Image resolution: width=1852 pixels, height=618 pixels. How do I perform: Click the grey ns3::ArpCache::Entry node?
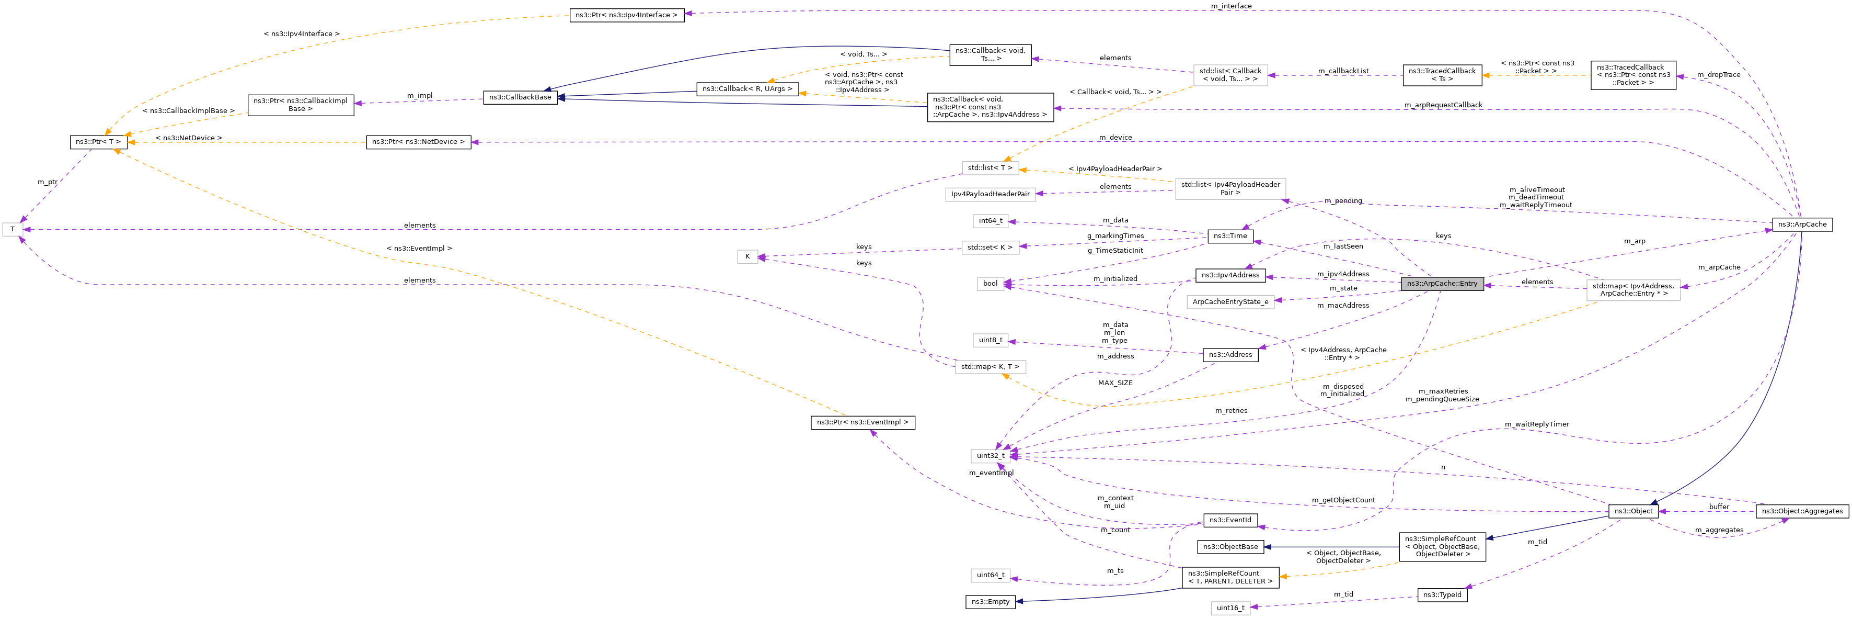coord(1442,284)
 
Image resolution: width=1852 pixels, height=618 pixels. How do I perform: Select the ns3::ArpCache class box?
coord(1802,224)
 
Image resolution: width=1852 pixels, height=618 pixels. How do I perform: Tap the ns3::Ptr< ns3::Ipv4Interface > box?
coord(626,15)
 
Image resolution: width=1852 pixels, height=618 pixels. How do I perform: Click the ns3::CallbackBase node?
coord(520,97)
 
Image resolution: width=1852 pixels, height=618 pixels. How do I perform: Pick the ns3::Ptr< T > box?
coord(98,142)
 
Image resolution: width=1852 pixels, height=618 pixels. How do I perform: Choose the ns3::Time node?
coord(1230,236)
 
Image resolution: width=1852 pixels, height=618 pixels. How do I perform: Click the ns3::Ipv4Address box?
coord(1230,275)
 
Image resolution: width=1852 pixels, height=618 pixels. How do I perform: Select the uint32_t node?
coord(990,455)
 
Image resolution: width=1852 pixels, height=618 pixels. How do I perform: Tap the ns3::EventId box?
coord(1230,520)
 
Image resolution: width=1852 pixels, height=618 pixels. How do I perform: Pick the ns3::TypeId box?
coord(1442,595)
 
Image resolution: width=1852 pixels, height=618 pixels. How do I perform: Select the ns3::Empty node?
coord(990,601)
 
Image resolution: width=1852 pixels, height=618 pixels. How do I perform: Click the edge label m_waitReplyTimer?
coord(1536,424)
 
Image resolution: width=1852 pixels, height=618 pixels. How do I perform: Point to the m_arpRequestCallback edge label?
coord(1443,105)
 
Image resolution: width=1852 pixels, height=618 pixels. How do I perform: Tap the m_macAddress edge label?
coord(1342,306)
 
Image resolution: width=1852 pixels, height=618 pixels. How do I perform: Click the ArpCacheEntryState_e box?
coord(1230,302)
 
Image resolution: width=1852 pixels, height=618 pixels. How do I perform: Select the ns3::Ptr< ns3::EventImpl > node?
coord(862,422)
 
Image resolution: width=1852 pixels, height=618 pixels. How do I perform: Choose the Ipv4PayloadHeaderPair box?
coord(990,194)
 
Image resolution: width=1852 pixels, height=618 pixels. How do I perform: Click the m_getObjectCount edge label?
coord(1342,500)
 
